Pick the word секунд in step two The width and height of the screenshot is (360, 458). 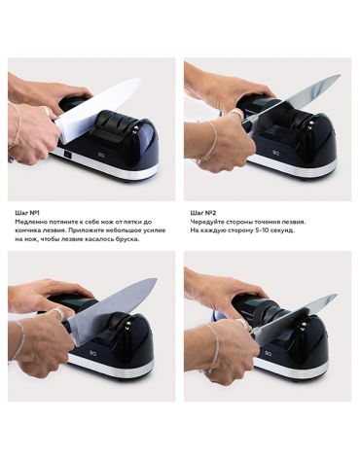click(x=285, y=230)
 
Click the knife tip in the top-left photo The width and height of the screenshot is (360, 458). click(x=140, y=79)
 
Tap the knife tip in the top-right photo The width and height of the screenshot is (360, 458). click(x=340, y=76)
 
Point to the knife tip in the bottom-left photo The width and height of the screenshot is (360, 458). click(x=157, y=279)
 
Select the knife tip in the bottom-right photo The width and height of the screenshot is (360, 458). click(x=337, y=296)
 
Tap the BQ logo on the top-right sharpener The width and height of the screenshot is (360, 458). click(x=275, y=150)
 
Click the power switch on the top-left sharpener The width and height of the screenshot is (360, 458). click(x=68, y=156)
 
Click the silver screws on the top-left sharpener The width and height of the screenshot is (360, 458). click(x=135, y=129)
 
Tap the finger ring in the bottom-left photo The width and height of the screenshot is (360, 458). click(x=57, y=313)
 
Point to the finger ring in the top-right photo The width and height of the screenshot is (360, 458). click(x=236, y=113)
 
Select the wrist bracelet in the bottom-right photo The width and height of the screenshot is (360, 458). click(x=214, y=348)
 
